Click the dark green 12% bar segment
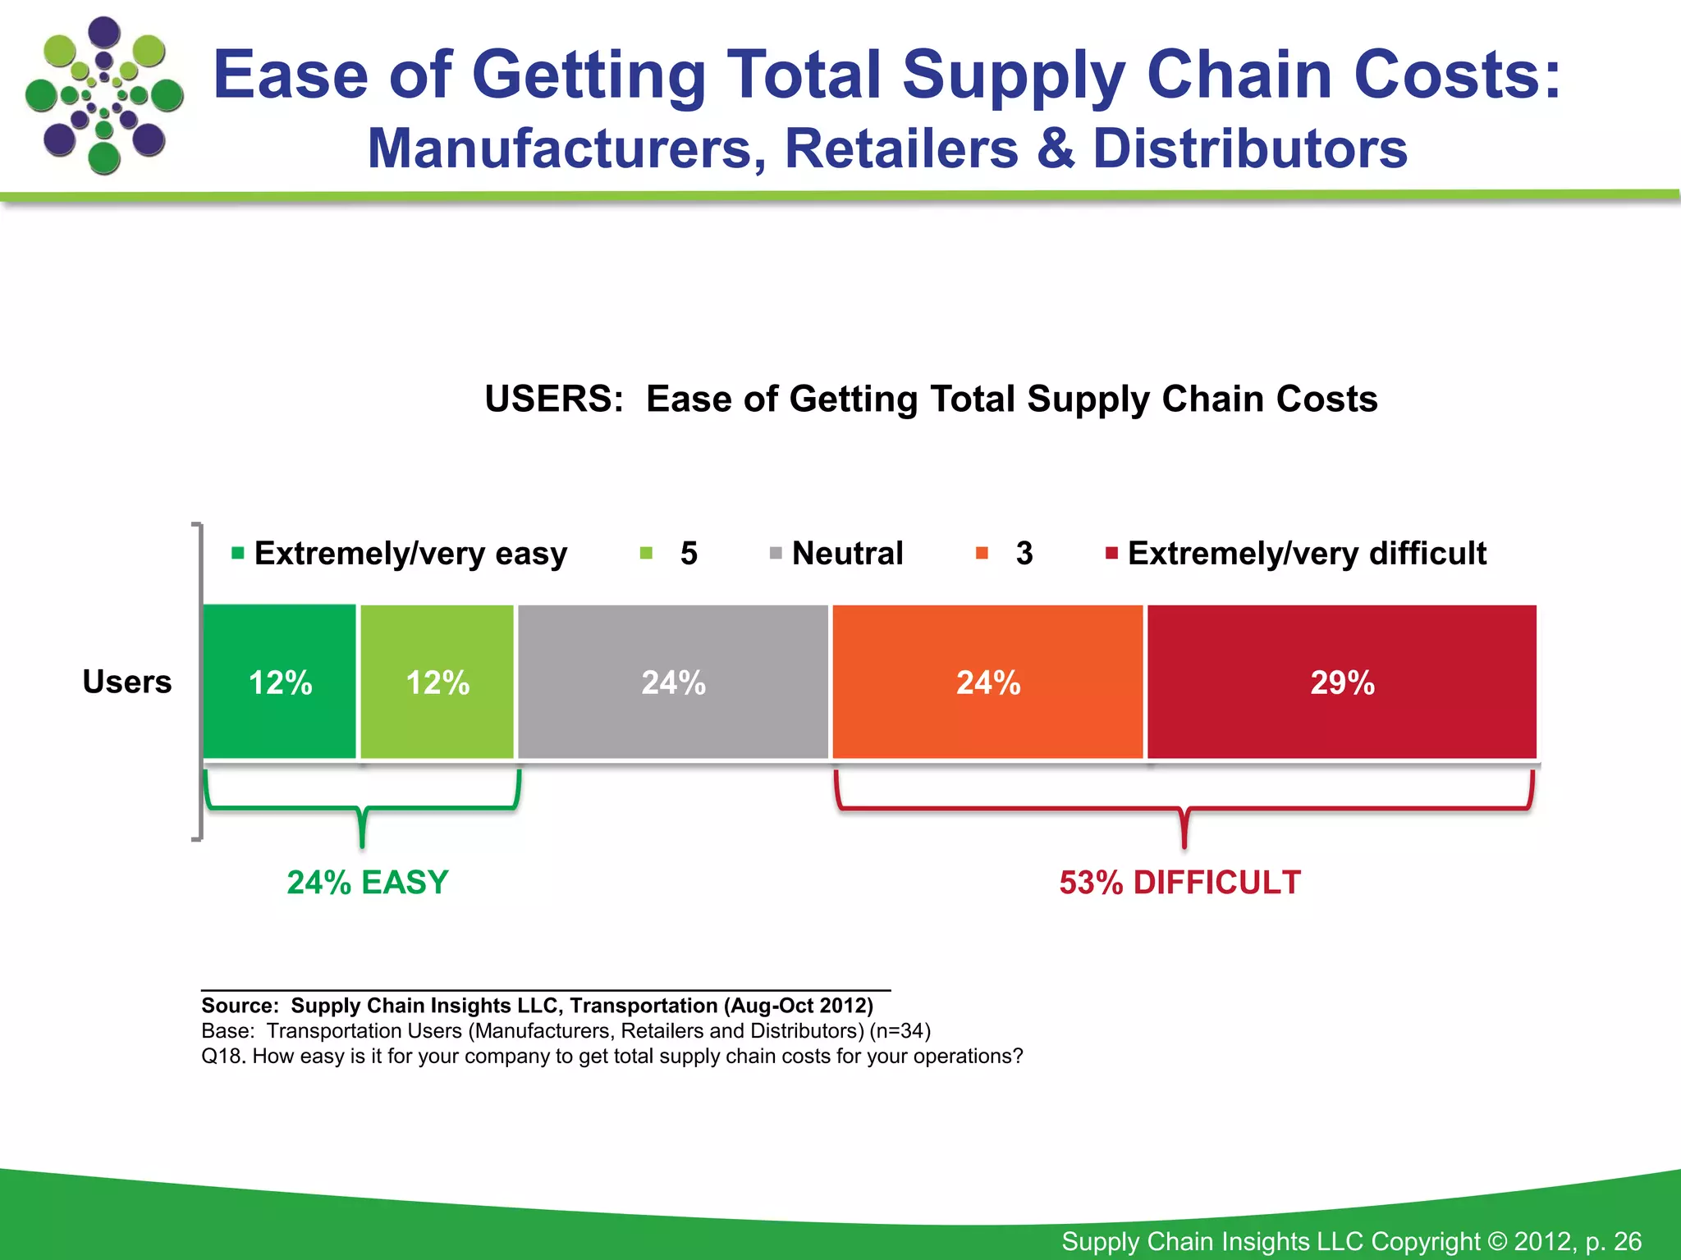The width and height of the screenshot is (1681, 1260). [280, 682]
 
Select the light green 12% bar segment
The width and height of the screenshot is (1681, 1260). [437, 682]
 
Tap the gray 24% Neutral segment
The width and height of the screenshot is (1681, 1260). [673, 682]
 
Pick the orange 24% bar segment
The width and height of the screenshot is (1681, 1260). [987, 682]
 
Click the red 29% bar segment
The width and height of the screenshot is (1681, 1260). [1341, 682]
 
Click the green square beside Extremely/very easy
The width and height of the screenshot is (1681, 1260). [238, 553]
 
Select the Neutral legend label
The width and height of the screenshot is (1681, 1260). [847, 553]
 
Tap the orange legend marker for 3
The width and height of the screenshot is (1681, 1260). [982, 553]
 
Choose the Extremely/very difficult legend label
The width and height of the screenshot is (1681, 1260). [1307, 553]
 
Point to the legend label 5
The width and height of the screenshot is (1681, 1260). [689, 553]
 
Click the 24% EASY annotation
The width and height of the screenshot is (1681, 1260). [368, 883]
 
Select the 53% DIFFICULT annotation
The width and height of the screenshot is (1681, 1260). [1179, 883]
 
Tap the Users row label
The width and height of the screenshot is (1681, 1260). [127, 682]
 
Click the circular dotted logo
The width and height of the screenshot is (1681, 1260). [104, 95]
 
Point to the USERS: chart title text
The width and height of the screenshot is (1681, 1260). [554, 399]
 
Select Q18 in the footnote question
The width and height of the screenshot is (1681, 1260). [222, 1057]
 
